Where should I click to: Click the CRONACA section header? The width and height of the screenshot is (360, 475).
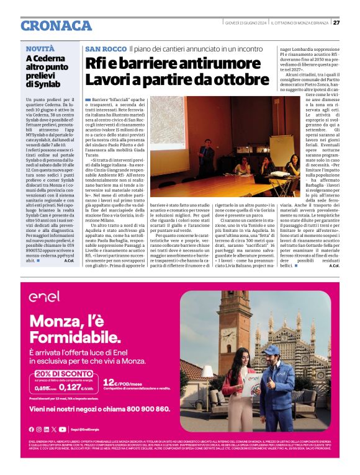tap(56, 25)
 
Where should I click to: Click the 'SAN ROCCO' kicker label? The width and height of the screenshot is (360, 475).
tap(106, 48)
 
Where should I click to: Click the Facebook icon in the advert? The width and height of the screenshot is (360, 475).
tap(31, 429)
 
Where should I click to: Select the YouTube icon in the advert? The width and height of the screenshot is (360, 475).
tap(62, 429)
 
